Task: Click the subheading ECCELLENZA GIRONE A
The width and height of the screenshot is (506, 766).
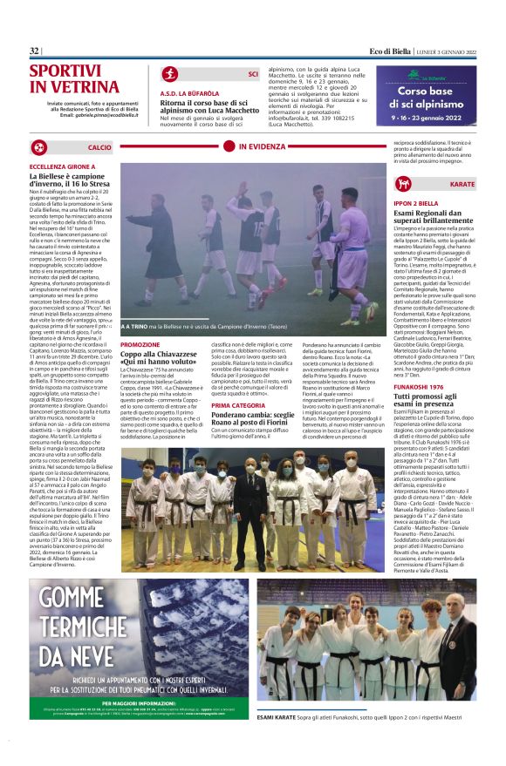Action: coord(63,166)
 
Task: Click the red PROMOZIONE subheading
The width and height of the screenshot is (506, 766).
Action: coord(140,345)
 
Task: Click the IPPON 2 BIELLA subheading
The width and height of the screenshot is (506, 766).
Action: coord(415,202)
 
